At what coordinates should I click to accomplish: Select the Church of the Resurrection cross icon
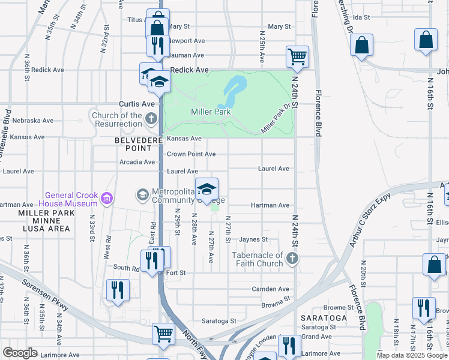point(151,118)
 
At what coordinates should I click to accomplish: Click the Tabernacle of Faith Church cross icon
point(292,259)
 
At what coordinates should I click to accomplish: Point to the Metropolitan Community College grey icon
point(142,194)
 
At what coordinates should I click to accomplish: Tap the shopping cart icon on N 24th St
point(297,57)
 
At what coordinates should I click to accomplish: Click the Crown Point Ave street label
point(191,154)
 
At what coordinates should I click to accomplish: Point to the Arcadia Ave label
point(137,162)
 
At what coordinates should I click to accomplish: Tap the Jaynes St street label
point(253,239)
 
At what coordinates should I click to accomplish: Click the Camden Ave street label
point(271,289)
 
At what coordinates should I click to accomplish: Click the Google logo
point(20,353)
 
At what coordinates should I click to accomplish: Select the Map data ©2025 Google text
point(412,355)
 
